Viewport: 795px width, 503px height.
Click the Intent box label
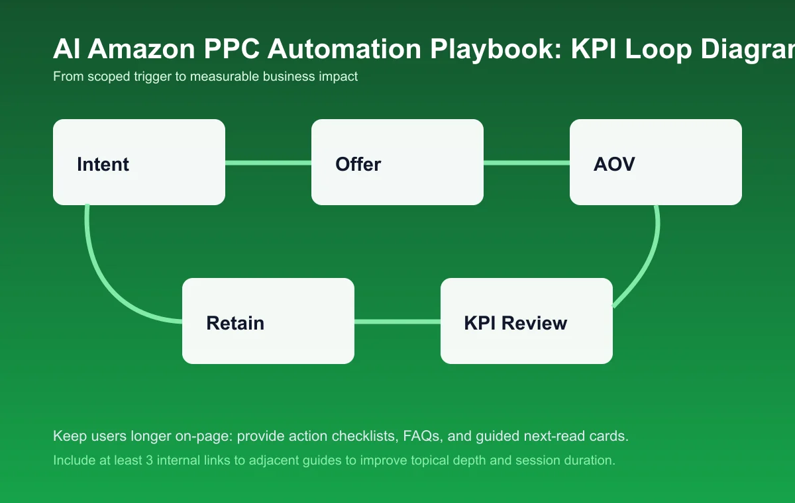coord(103,164)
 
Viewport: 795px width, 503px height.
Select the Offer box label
coord(358,164)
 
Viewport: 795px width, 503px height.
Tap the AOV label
coord(614,164)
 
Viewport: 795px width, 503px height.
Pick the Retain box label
coord(235,323)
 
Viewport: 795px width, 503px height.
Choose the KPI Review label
coord(515,323)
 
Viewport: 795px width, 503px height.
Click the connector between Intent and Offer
coord(268,162)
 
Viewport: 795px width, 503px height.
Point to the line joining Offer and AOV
coord(527,162)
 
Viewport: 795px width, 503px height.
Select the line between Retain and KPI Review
coord(397,322)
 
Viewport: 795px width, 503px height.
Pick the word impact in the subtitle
coord(340,76)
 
